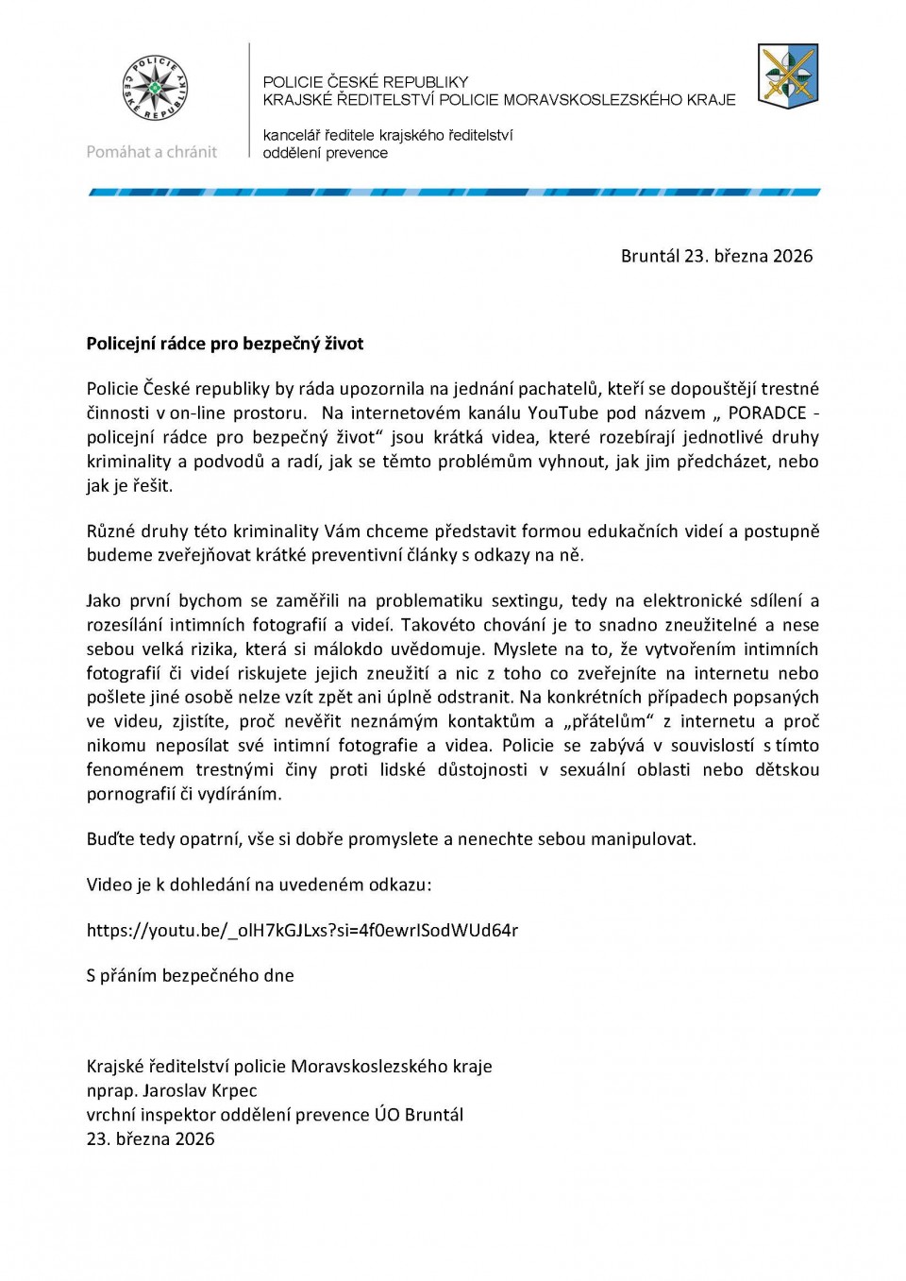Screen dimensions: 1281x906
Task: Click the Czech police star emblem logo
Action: [x=155, y=89]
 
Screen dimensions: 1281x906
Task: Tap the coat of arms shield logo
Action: [x=788, y=76]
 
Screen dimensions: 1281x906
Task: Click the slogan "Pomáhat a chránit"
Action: [x=151, y=152]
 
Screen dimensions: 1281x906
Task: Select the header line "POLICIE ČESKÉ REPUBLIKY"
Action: [x=365, y=82]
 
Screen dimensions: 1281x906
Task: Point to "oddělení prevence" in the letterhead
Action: [x=325, y=153]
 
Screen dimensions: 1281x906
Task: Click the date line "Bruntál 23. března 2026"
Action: [x=716, y=256]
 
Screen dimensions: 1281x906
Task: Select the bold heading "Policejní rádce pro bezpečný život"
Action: [x=225, y=344]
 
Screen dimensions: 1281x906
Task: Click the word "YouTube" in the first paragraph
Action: [x=562, y=413]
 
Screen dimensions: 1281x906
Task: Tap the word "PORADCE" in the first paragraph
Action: [x=766, y=413]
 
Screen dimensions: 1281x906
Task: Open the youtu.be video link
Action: [x=302, y=930]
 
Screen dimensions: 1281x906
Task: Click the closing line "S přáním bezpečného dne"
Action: [x=190, y=975]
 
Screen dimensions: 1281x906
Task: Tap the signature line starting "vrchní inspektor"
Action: [x=275, y=1115]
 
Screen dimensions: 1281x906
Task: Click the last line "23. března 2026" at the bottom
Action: [x=150, y=1138]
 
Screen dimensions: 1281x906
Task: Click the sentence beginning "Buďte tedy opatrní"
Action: [x=391, y=839]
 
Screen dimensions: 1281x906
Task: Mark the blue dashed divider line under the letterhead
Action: [x=454, y=193]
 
